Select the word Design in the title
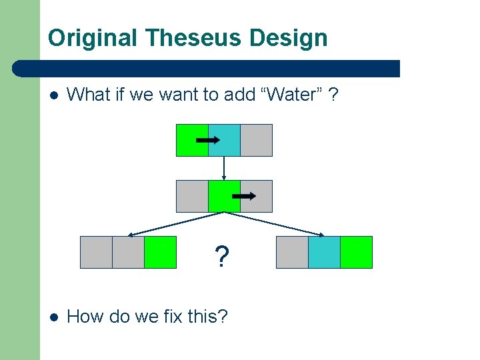click(x=289, y=38)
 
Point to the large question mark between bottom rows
click(x=221, y=255)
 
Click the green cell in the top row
click(x=192, y=140)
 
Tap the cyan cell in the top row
click(x=224, y=140)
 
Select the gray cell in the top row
click(x=256, y=140)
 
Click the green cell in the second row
click(x=224, y=196)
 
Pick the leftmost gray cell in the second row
click(x=192, y=196)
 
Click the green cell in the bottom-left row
click(x=160, y=252)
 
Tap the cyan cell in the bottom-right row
click(x=324, y=252)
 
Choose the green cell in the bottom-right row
click(x=356, y=252)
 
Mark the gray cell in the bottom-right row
click(x=292, y=252)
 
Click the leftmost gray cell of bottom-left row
click(x=96, y=252)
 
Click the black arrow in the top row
click(x=209, y=140)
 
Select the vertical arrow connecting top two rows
click(x=224, y=168)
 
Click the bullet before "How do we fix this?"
click(x=53, y=316)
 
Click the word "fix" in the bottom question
click(x=174, y=316)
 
